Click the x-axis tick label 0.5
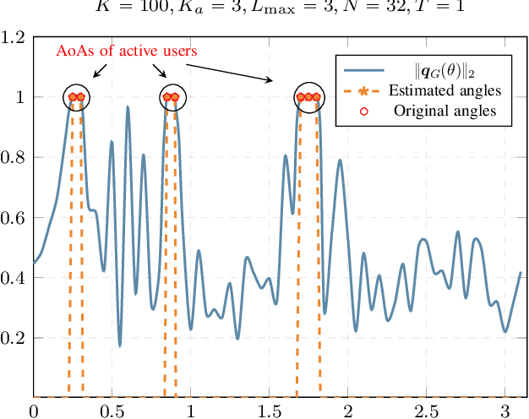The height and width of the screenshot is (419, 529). [112, 411]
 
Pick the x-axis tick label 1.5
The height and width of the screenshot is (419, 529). [269, 411]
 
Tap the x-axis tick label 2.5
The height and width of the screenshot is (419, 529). [426, 411]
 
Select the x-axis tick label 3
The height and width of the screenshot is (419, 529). [504, 411]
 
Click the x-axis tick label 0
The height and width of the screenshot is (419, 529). [33, 411]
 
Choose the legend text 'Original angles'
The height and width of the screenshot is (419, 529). [444, 111]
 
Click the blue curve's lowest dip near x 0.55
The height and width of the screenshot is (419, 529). [120, 346]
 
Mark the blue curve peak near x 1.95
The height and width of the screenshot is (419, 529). [340, 161]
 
